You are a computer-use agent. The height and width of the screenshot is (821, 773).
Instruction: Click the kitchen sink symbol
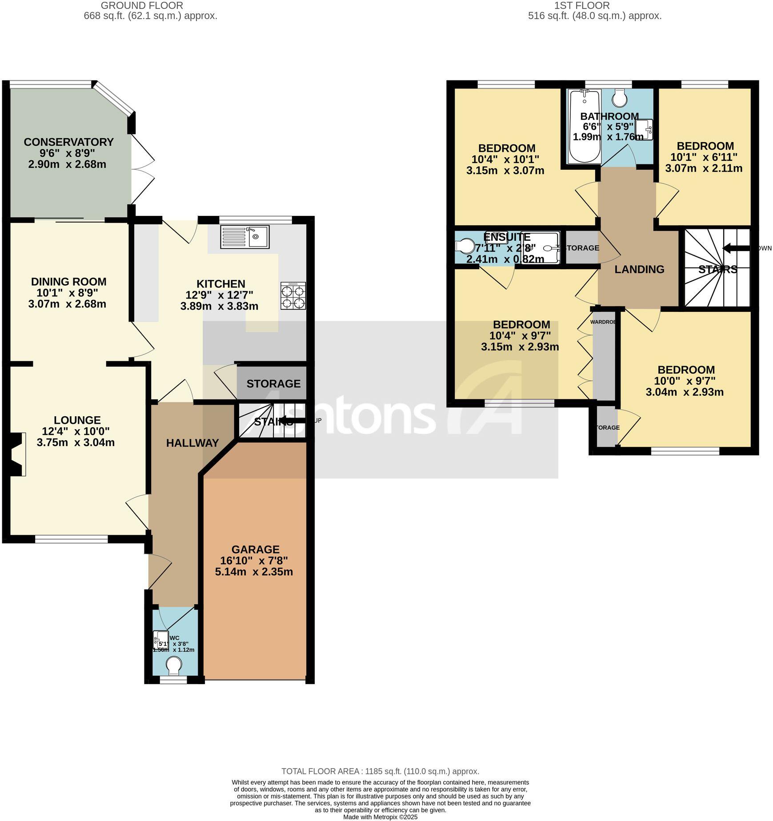pyautogui.click(x=244, y=237)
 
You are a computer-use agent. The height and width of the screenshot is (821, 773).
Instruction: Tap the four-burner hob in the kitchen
pyautogui.click(x=293, y=296)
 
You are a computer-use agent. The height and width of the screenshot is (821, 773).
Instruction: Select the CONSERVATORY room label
pyautogui.click(x=68, y=142)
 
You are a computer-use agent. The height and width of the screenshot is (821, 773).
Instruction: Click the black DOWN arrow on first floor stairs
pyautogui.click(x=736, y=248)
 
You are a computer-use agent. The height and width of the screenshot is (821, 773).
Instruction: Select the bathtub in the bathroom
pyautogui.click(x=585, y=126)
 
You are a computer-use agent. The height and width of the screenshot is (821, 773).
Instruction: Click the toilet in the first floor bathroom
pyautogui.click(x=620, y=97)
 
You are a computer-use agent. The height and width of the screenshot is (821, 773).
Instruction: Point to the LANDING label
pyautogui.click(x=639, y=269)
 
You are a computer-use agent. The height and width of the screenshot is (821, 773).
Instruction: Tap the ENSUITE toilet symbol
pyautogui.click(x=465, y=246)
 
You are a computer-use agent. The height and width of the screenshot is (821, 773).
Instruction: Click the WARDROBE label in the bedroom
pyautogui.click(x=603, y=322)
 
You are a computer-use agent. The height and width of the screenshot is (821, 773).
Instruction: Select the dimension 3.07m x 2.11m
pyautogui.click(x=704, y=168)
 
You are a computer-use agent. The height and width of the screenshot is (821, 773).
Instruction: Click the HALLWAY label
pyautogui.click(x=192, y=443)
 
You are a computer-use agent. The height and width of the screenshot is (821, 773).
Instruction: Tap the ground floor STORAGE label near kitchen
pyautogui.click(x=273, y=383)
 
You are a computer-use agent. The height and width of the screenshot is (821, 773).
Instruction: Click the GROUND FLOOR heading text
pyautogui.click(x=142, y=6)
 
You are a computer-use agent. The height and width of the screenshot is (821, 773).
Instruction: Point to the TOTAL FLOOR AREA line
pyautogui.click(x=380, y=772)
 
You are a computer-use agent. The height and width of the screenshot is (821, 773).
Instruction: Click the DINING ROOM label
pyautogui.click(x=68, y=282)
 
